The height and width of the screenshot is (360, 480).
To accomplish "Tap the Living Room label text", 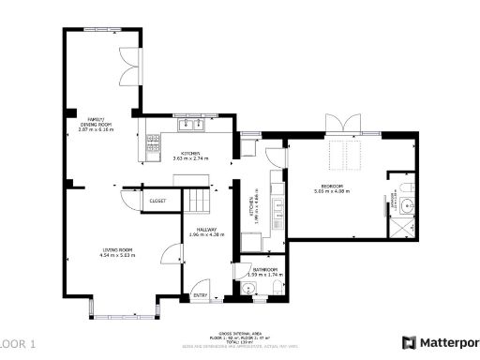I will [116, 251].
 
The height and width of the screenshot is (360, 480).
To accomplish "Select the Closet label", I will [157, 201].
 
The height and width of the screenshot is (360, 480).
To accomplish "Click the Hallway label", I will [203, 231].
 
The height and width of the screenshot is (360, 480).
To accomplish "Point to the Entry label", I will [200, 295].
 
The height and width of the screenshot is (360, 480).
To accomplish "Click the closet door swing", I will [129, 201].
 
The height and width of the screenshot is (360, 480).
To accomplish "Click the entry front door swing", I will [199, 285].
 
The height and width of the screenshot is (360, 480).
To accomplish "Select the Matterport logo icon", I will [409, 343].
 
